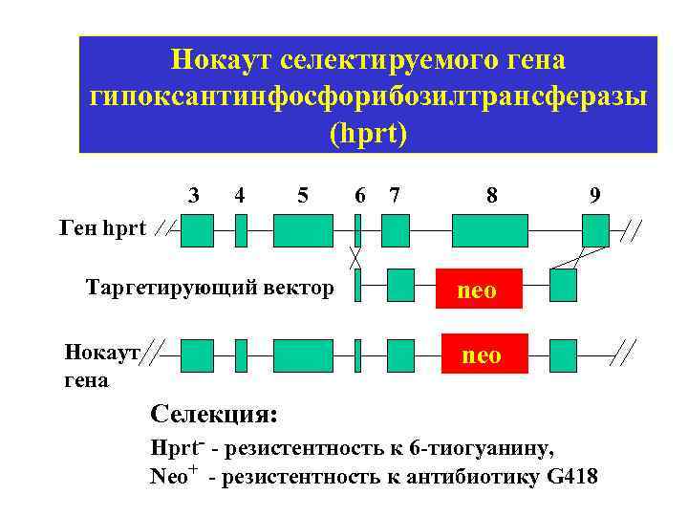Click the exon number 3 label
[195, 195]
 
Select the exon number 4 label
[240, 195]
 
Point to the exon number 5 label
[303, 195]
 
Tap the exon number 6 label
[359, 195]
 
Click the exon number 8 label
[491, 195]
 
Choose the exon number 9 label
[595, 195]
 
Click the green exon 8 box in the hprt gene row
[489, 231]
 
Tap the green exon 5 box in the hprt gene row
[302, 231]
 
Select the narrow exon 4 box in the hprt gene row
[241, 231]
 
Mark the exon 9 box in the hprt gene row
[595, 231]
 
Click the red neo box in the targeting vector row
[478, 290]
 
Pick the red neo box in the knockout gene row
[481, 355]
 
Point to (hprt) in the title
[368, 133]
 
